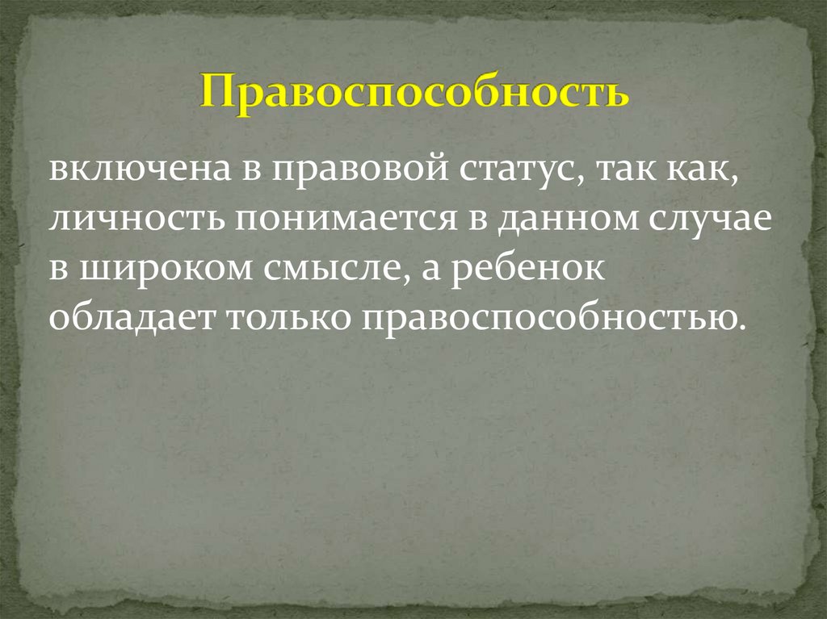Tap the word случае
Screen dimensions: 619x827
[x=712, y=221]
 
